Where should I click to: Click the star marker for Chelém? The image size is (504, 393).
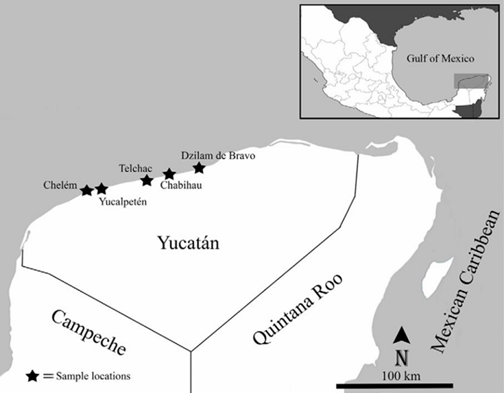click(87, 190)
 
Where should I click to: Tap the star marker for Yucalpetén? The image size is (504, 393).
click(101, 189)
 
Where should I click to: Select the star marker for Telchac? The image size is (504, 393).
click(147, 179)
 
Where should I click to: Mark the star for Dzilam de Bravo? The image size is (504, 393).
click(199, 167)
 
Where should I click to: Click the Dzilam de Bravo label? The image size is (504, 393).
click(220, 155)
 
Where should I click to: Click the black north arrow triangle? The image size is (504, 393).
click(401, 333)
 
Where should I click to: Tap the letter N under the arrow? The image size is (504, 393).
click(401, 355)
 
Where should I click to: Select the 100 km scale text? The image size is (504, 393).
click(401, 373)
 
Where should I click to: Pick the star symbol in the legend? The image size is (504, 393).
click(33, 375)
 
